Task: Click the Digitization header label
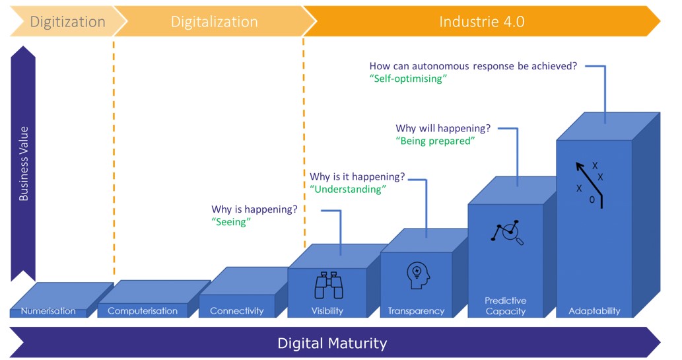(67, 22)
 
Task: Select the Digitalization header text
(215, 22)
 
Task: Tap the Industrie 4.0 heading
(481, 21)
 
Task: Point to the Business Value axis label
(24, 164)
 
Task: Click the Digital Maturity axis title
(332, 343)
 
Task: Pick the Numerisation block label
(48, 311)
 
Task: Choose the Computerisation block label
(143, 311)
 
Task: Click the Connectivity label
(237, 311)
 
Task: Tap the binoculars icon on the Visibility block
(329, 285)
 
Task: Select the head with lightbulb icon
(418, 275)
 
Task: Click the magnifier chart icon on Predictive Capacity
(507, 233)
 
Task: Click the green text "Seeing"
(231, 222)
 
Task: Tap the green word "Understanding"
(347, 190)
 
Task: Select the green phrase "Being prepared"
(435, 141)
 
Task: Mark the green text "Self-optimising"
(408, 79)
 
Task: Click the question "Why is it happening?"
(357, 177)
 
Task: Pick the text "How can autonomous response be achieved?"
(473, 66)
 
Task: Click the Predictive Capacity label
(506, 306)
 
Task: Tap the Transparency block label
(416, 311)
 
